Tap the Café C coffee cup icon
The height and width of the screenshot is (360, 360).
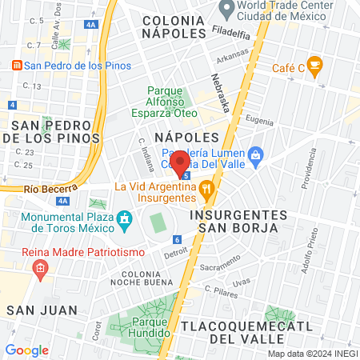click(x=314, y=64)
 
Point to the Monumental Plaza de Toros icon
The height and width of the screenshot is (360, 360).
click(x=124, y=218)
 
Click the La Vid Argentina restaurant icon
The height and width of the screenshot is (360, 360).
click(x=207, y=190)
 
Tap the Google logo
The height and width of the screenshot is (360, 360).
click(x=27, y=350)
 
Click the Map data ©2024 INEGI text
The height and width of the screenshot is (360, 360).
click(x=312, y=353)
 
